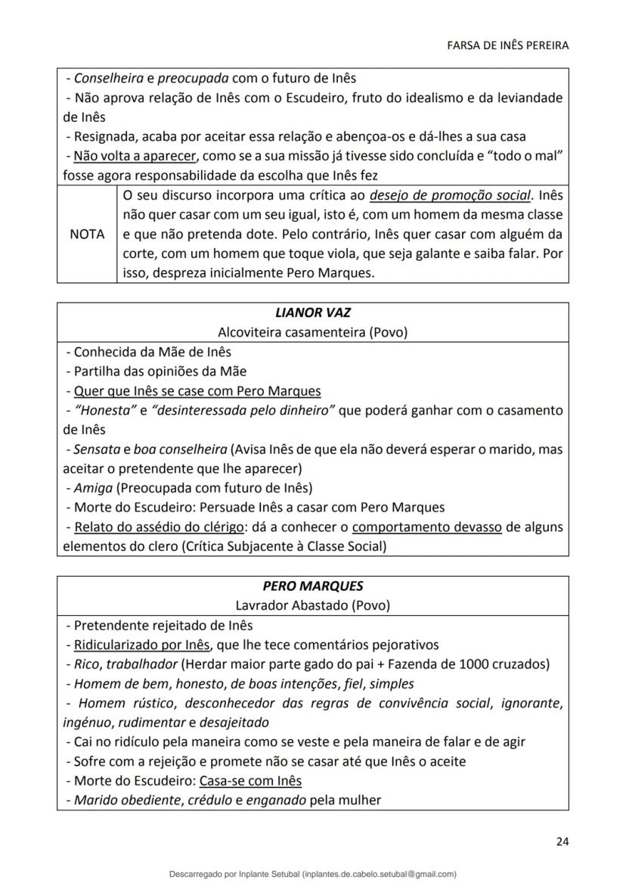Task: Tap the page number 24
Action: tap(562, 841)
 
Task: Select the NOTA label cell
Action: tap(87, 235)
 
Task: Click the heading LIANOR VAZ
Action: tap(313, 312)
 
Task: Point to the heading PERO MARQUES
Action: tap(313, 586)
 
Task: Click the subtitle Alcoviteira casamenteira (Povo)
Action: tap(313, 332)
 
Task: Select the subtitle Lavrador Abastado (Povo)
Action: tap(313, 605)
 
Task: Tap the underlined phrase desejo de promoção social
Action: tap(451, 196)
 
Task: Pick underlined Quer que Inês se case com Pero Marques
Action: tap(197, 391)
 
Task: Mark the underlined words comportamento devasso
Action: tap(426, 527)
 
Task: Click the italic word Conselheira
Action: tap(105, 78)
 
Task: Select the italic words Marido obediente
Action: tap(126, 800)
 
